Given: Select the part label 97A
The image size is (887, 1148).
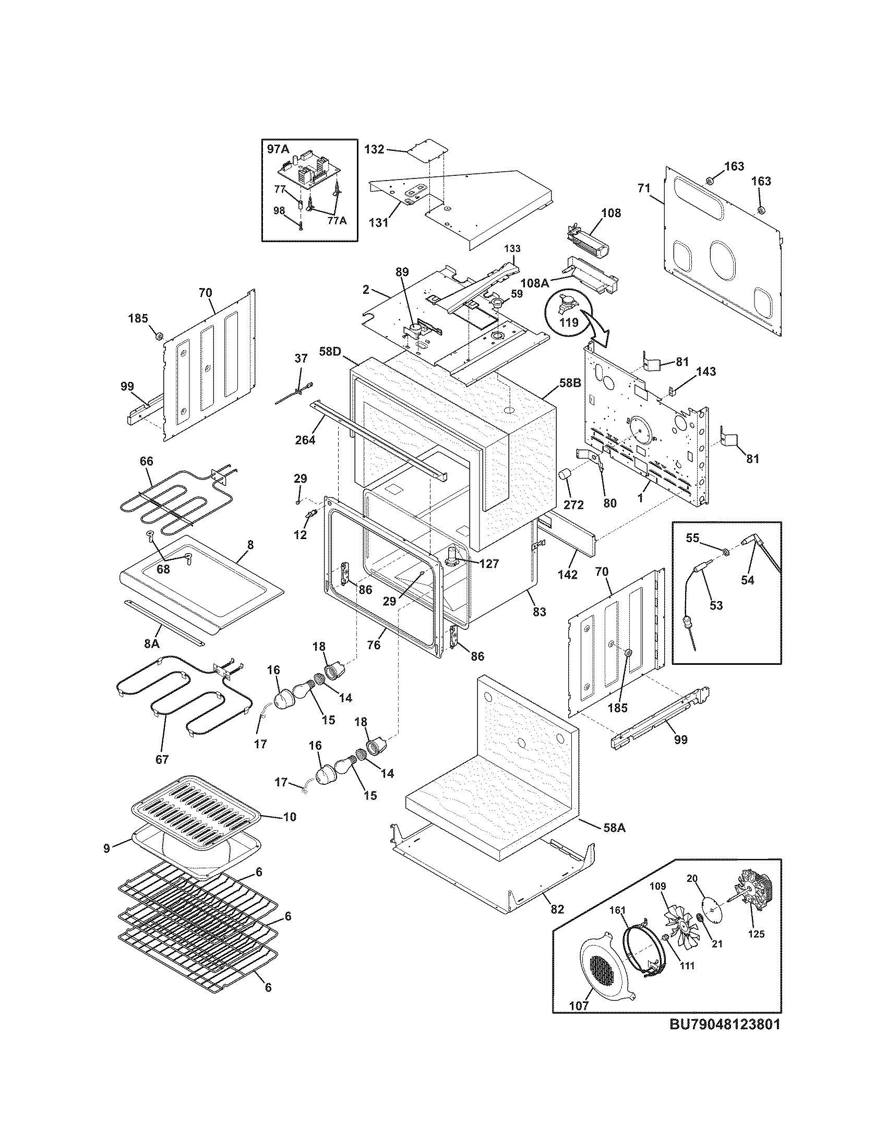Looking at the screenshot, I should click(278, 149).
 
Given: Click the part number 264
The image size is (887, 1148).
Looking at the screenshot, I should click(305, 439).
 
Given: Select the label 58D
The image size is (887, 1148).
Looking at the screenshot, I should click(330, 351).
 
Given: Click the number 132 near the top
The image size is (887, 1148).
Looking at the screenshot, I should click(374, 149).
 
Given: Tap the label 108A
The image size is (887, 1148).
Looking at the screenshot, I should click(535, 283).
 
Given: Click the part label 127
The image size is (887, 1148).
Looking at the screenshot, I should click(488, 564).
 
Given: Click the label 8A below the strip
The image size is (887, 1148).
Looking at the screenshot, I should click(152, 643).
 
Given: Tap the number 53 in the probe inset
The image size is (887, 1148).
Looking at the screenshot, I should click(716, 605).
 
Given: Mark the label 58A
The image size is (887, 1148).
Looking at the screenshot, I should click(614, 828).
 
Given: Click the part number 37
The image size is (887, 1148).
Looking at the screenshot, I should click(301, 358).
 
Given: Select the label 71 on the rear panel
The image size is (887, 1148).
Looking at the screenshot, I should click(644, 188).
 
